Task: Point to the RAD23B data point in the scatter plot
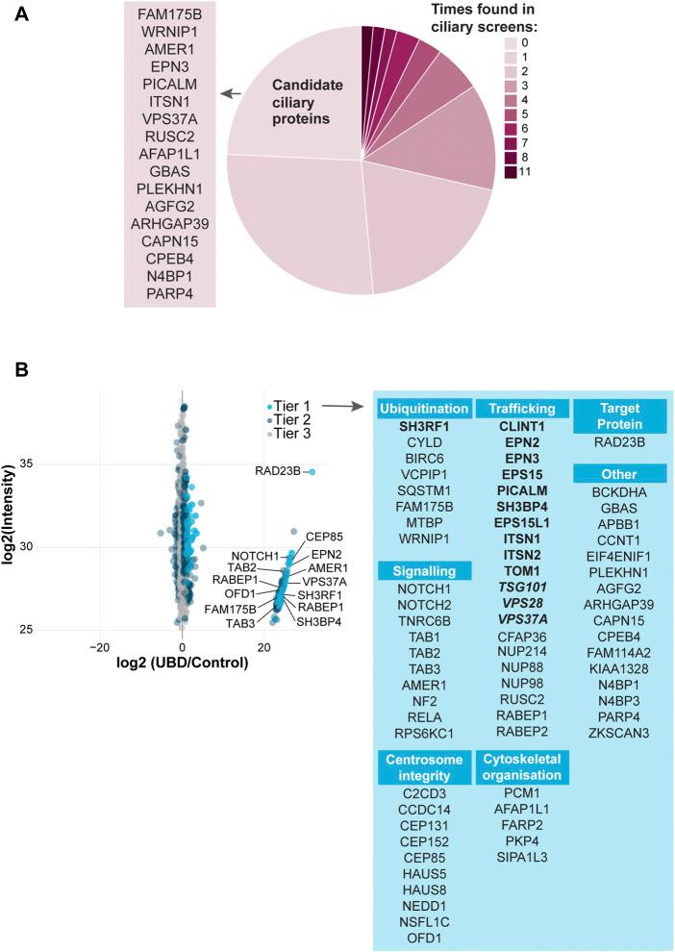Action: click(311, 471)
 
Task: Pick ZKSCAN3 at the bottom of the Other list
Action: click(619, 732)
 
